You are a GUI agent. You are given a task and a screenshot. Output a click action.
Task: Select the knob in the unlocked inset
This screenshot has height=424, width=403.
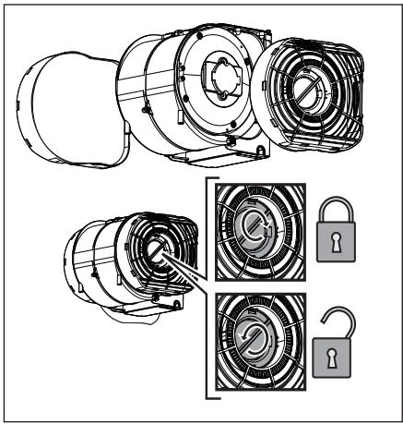258,356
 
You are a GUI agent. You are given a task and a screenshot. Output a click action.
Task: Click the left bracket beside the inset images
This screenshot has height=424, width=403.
209,296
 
